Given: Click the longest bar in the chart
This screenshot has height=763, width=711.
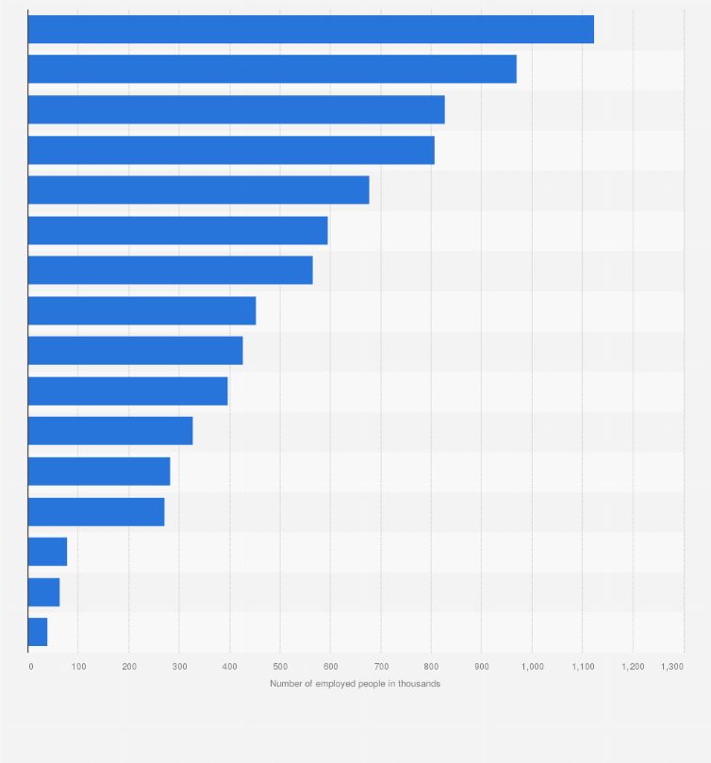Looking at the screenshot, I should (311, 29).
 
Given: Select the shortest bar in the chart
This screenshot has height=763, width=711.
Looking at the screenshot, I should (38, 632).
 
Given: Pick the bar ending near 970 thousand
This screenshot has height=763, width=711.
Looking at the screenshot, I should (273, 69).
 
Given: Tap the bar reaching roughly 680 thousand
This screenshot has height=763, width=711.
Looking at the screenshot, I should (199, 190).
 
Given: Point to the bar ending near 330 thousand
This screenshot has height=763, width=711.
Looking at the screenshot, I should (110, 431).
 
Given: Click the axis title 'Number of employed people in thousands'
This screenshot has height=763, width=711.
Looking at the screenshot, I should (355, 684).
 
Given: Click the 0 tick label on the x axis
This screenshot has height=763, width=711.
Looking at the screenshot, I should (30, 666).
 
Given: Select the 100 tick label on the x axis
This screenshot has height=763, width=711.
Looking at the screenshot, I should (78, 666).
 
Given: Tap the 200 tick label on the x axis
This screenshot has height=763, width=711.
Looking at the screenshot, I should (128, 666).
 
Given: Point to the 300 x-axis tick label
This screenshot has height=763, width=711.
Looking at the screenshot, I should (179, 666).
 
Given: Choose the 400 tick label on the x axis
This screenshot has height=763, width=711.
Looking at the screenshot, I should (229, 666).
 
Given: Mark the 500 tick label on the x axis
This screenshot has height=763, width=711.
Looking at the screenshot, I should (280, 666).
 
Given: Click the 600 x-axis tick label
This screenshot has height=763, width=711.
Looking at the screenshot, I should (330, 666).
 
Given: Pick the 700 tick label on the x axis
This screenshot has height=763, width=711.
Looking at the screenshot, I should (381, 666).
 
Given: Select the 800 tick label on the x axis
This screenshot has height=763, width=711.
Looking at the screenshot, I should (431, 666).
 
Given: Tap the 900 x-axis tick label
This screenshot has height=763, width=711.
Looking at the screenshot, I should (482, 666).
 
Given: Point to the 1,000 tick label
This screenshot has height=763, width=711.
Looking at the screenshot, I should (532, 666).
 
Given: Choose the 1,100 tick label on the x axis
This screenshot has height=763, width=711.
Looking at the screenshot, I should (583, 666).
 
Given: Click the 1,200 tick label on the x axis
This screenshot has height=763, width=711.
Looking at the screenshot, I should (633, 666).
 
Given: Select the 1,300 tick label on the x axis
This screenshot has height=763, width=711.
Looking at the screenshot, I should (672, 666).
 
